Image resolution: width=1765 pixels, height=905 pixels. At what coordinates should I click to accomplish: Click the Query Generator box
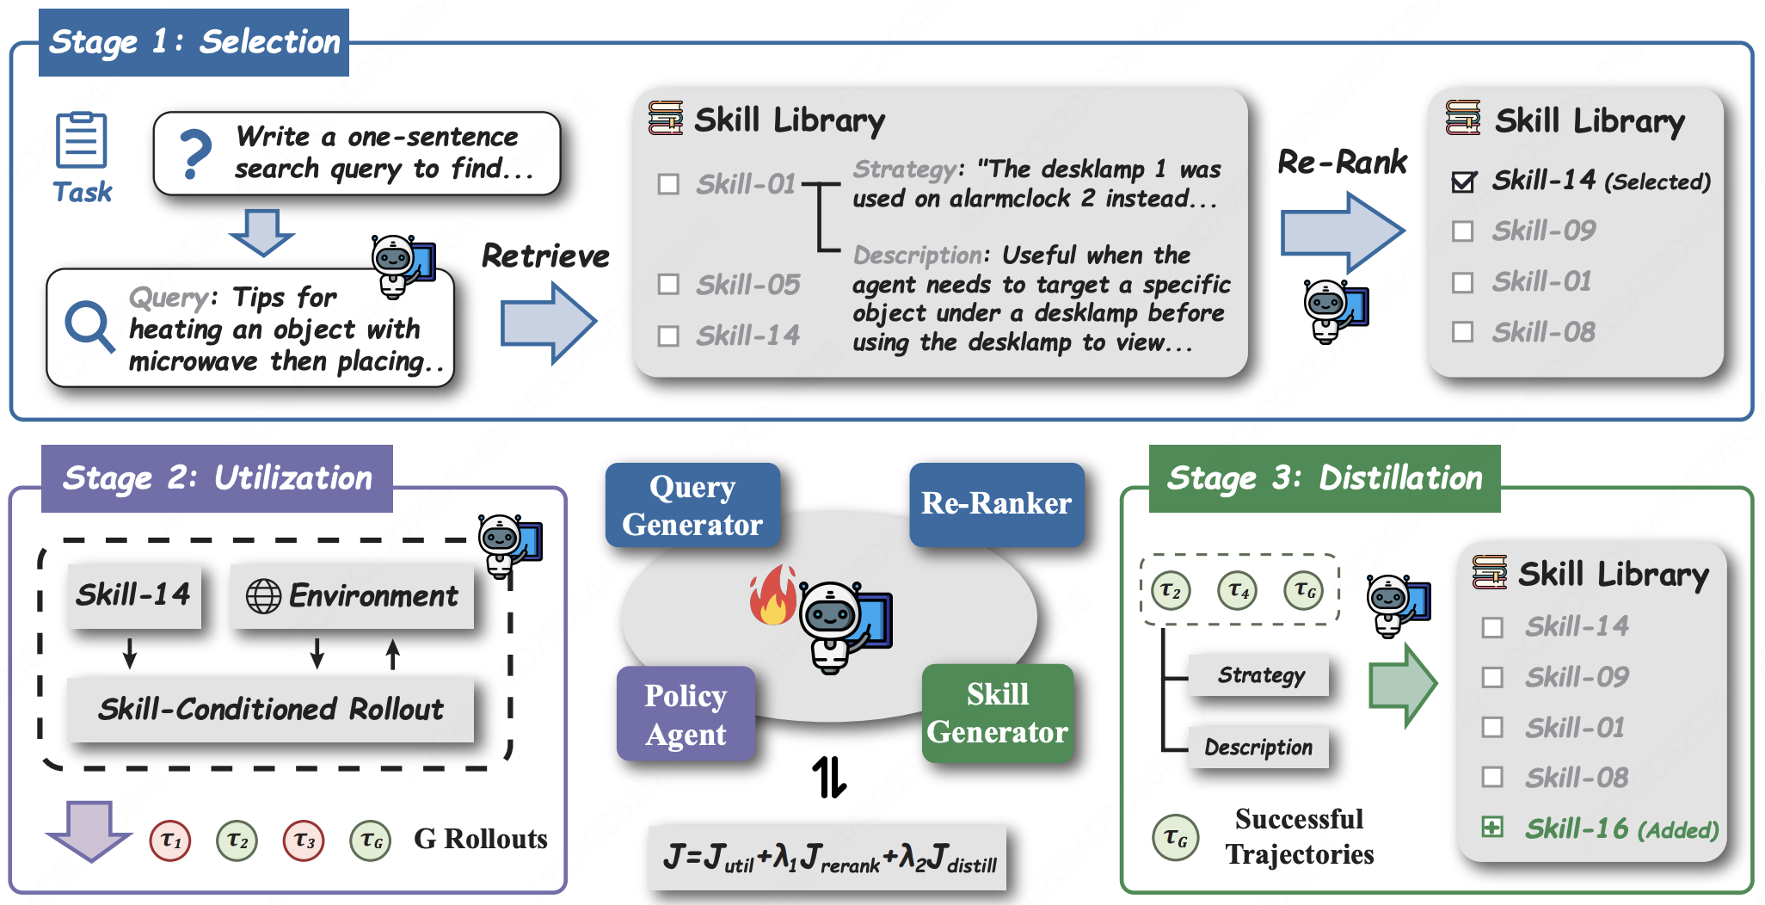(692, 505)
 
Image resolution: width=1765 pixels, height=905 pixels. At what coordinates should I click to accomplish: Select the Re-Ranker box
(997, 504)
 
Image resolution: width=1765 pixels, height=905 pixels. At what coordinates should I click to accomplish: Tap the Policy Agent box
(686, 714)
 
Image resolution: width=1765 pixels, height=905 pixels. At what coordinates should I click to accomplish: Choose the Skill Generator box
(997, 713)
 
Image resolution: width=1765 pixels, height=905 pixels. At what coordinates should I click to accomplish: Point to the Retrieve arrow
(549, 323)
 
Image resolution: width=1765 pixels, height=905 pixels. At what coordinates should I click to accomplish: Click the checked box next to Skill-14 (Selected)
(1463, 182)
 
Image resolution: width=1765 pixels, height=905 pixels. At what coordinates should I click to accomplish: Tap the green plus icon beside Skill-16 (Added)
(1492, 828)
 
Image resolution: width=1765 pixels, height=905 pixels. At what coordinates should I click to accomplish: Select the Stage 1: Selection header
(194, 42)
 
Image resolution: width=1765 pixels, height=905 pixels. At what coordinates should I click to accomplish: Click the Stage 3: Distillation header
(1325, 478)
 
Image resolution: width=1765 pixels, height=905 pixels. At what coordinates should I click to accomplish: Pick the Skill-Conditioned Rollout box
(271, 710)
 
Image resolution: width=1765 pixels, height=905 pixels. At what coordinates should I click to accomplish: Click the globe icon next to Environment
(263, 596)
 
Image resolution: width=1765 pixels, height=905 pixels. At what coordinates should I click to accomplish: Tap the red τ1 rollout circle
(170, 840)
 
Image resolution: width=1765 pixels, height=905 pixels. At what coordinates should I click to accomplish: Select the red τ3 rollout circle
(304, 840)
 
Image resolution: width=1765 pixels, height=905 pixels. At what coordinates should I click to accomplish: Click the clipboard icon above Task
(81, 139)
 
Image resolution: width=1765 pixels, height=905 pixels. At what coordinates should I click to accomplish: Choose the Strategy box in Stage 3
(1261, 676)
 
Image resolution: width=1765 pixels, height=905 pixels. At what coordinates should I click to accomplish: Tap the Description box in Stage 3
(1259, 748)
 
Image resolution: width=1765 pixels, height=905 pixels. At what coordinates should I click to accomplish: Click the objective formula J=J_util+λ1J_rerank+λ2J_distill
(829, 858)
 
